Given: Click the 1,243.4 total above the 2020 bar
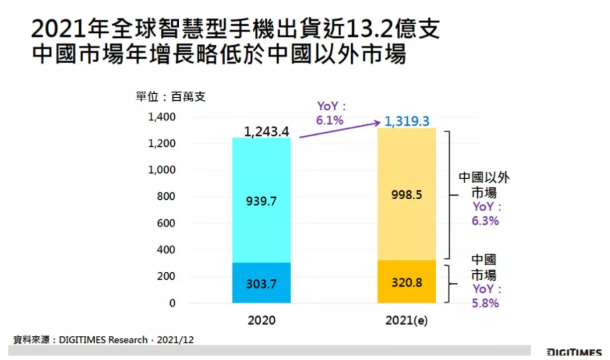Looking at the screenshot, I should pyautogui.click(x=266, y=132).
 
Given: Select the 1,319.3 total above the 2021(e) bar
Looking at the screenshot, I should pyautogui.click(x=406, y=122).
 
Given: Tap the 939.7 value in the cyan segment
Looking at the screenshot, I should pyautogui.click(x=261, y=200).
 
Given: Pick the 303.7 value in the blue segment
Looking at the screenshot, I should pyautogui.click(x=261, y=284).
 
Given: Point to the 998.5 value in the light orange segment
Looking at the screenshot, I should pyautogui.click(x=406, y=196).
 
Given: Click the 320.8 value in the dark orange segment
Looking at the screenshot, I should pyautogui.click(x=406, y=283).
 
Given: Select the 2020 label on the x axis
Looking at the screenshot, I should pyautogui.click(x=261, y=321).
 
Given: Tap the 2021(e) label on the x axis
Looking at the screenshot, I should pyautogui.click(x=406, y=321).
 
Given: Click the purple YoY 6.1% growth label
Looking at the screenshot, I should pyautogui.click(x=330, y=114).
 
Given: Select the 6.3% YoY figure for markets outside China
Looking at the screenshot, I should pyautogui.click(x=485, y=221).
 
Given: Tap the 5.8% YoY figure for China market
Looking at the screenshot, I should pyautogui.click(x=485, y=303).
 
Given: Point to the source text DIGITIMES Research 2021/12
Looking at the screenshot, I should pyautogui.click(x=104, y=340).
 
